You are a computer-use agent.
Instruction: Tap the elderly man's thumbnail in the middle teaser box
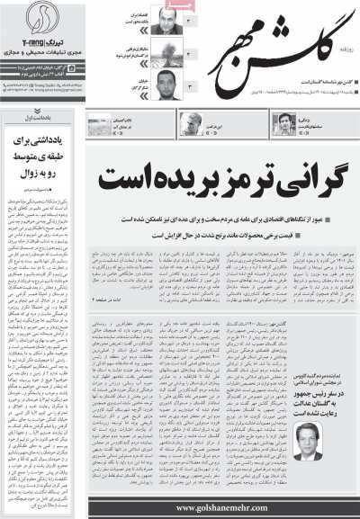[191, 125]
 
